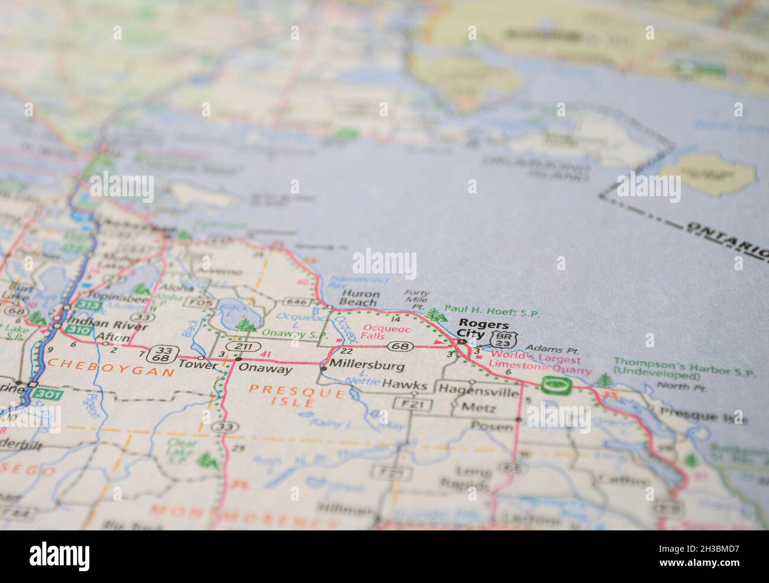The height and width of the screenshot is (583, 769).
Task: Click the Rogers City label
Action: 476,329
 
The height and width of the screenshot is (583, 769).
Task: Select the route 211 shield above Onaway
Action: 243,346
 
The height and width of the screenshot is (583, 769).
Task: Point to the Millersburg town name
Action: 367,366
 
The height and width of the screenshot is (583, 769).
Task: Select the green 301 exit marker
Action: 48,393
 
